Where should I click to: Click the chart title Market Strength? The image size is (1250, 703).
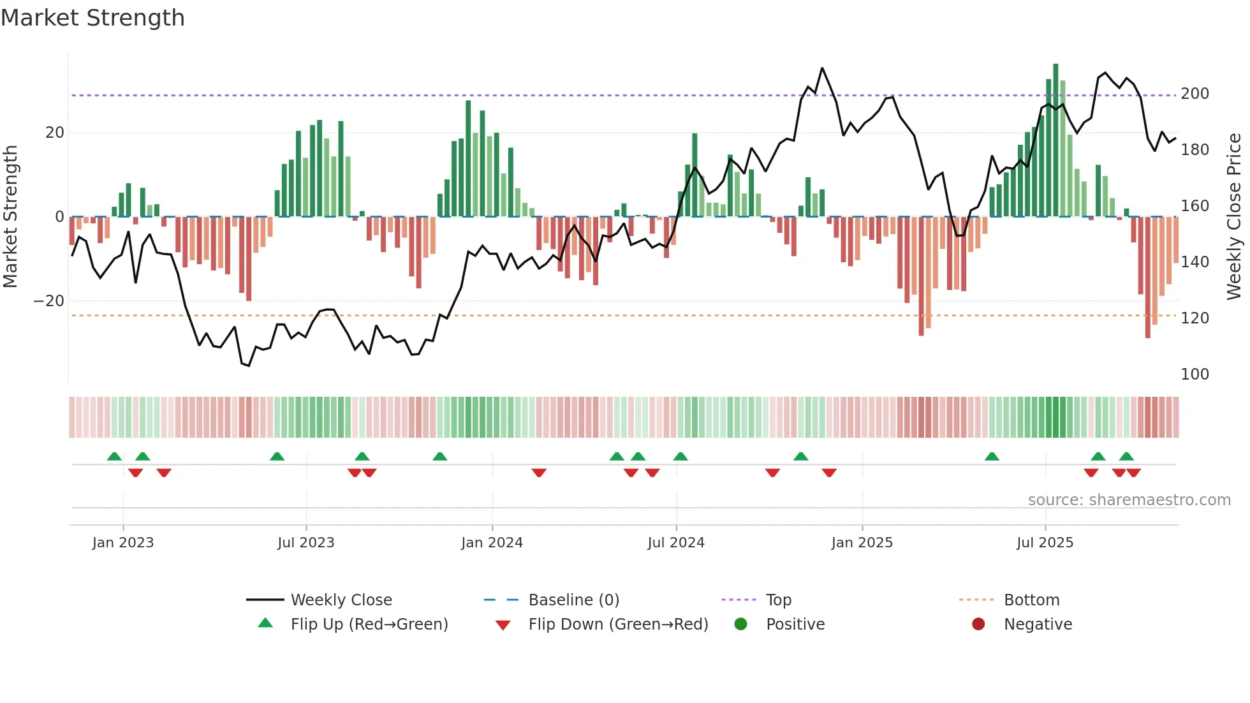click(x=92, y=18)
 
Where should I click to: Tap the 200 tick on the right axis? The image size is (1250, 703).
click(x=1195, y=94)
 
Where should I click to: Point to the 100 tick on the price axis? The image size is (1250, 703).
click(x=1195, y=374)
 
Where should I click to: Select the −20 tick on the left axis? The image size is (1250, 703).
click(x=49, y=301)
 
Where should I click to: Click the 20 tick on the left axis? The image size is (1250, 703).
click(x=55, y=133)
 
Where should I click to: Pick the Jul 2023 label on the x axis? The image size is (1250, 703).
click(x=305, y=543)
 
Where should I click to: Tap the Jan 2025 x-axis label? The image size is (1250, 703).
click(x=862, y=543)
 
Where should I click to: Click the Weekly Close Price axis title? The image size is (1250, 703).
click(x=1234, y=216)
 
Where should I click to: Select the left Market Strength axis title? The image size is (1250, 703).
click(x=11, y=216)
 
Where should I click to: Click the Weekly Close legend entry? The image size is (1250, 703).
click(x=341, y=600)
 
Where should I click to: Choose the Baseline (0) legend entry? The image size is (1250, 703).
click(x=573, y=600)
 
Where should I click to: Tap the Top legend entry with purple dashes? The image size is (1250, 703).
click(x=778, y=600)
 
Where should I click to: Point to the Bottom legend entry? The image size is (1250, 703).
click(x=1031, y=600)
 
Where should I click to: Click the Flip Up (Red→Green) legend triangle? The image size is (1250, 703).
click(x=265, y=623)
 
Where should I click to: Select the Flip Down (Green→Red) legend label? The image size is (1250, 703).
click(x=618, y=625)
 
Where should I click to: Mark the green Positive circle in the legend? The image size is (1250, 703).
click(x=740, y=624)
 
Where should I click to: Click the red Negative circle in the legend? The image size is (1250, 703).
click(x=978, y=624)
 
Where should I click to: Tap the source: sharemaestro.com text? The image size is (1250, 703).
click(x=1129, y=500)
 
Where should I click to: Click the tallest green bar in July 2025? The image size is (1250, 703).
click(x=1055, y=140)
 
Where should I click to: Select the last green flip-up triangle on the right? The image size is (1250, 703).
click(x=1126, y=456)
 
